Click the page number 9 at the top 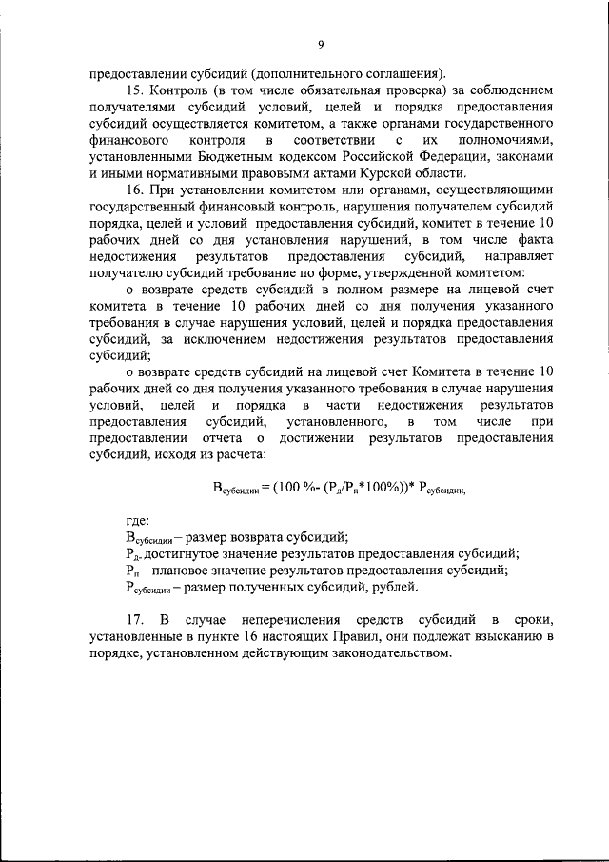click(x=321, y=43)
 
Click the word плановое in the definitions click(x=187, y=571)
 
